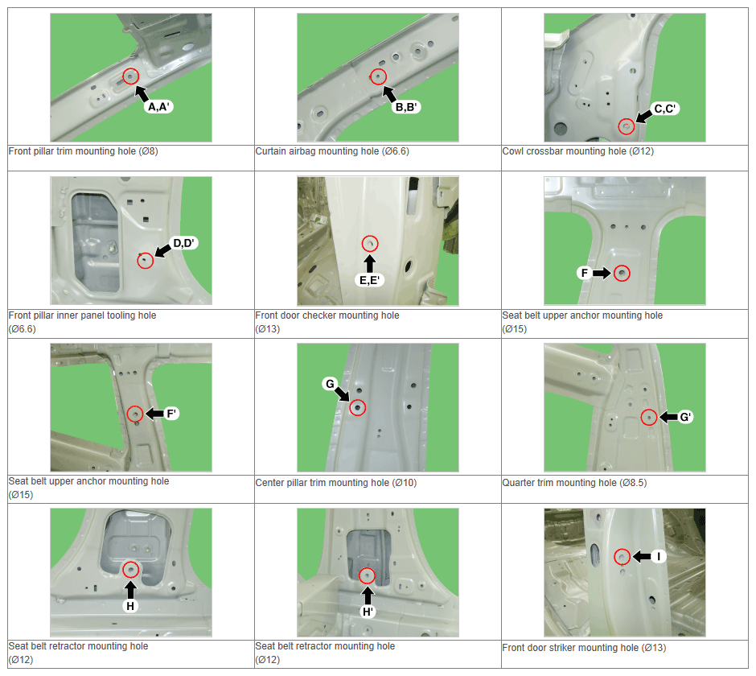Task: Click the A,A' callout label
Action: click(x=158, y=107)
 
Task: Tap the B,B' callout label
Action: click(x=406, y=107)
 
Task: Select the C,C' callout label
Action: click(x=664, y=109)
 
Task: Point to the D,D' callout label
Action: click(x=183, y=243)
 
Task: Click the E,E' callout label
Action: click(x=369, y=280)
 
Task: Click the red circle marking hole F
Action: click(x=622, y=274)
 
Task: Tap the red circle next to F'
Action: click(x=135, y=414)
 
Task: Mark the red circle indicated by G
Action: click(x=357, y=408)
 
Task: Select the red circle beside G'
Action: click(x=649, y=418)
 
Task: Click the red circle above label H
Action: click(x=130, y=569)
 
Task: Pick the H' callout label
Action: click(x=368, y=612)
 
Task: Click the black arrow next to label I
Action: click(x=641, y=557)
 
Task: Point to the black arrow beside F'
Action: click(x=154, y=414)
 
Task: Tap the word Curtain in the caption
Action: click(x=271, y=151)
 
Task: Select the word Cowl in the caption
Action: click(x=513, y=151)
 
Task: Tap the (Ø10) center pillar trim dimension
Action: click(x=405, y=483)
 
